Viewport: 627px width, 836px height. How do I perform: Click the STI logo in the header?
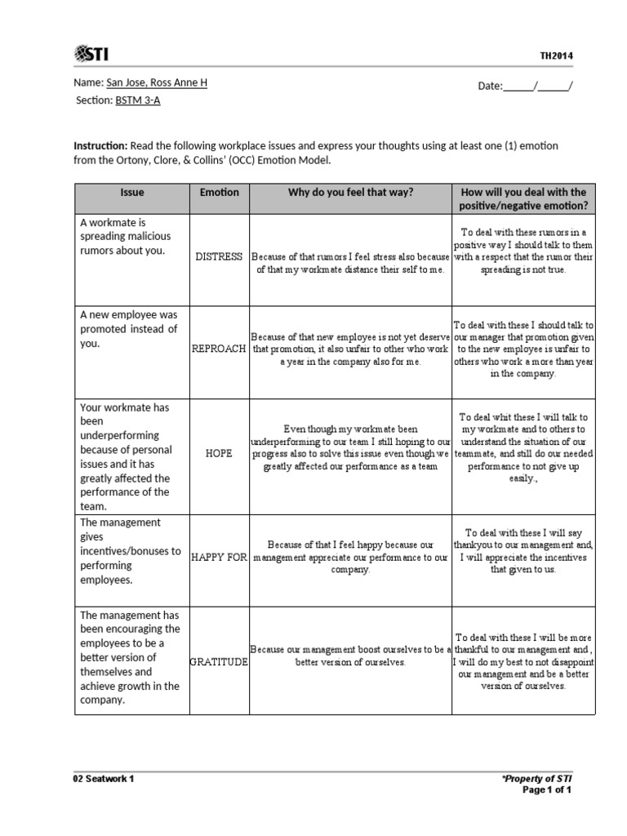91,55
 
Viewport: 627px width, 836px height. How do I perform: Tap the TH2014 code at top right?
556,56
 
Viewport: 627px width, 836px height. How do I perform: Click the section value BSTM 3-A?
131,100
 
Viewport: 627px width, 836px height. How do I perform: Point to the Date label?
490,86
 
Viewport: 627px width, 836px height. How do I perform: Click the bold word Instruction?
100,145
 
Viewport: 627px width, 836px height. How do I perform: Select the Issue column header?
131,193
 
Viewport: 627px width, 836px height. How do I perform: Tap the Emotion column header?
220,193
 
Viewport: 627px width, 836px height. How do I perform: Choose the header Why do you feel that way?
350,193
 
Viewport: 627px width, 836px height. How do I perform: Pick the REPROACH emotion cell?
219,349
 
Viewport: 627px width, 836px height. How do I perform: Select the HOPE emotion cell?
219,453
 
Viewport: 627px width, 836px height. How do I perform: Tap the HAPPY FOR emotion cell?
219,557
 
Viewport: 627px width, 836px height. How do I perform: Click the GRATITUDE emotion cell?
219,661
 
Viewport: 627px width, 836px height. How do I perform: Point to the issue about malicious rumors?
126,236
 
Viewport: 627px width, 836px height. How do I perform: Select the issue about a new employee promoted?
128,329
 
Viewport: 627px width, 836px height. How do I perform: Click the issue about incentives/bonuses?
130,551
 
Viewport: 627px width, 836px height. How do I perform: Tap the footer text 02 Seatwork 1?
104,779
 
